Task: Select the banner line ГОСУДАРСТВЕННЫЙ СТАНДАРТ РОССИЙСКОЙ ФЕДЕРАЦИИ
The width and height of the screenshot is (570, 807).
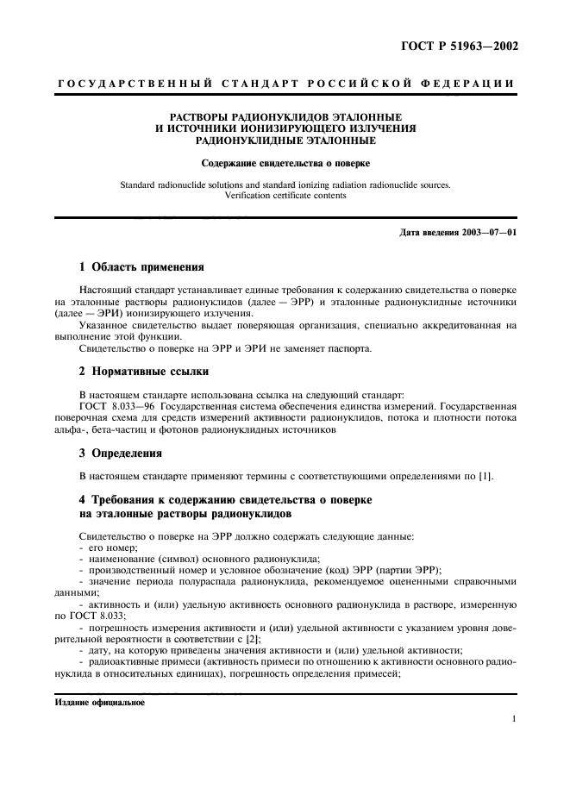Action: [x=285, y=84]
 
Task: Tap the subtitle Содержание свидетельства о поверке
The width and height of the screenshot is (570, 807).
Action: [x=285, y=163]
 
